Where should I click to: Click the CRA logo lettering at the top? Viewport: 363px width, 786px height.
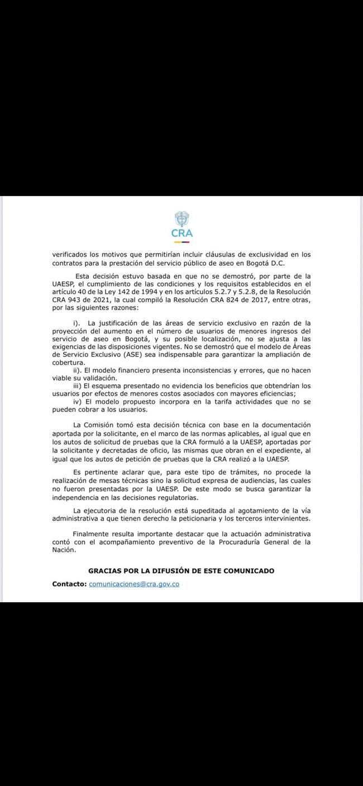point(182,234)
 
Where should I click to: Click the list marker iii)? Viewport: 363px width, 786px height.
point(78,386)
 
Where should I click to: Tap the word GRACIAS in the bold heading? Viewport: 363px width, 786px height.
point(106,570)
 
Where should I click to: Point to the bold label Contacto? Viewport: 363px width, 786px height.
point(69,584)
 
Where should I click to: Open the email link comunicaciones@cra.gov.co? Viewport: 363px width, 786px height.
point(134,584)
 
